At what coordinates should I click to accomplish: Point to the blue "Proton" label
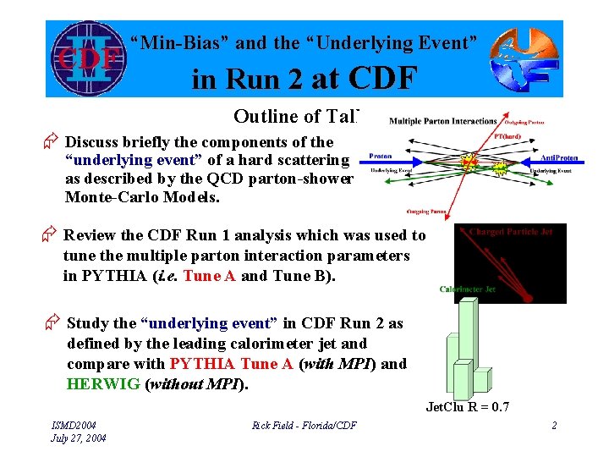point(381,156)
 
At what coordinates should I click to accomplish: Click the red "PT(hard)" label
point(508,135)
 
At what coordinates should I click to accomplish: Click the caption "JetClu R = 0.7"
point(468,407)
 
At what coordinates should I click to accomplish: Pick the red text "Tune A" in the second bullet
point(209,276)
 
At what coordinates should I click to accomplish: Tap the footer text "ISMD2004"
point(74,424)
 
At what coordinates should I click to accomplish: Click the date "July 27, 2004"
point(79,438)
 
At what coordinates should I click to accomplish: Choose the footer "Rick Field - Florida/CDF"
point(304,425)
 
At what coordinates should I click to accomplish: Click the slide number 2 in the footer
point(554,425)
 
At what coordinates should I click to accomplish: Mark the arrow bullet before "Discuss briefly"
point(52,142)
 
